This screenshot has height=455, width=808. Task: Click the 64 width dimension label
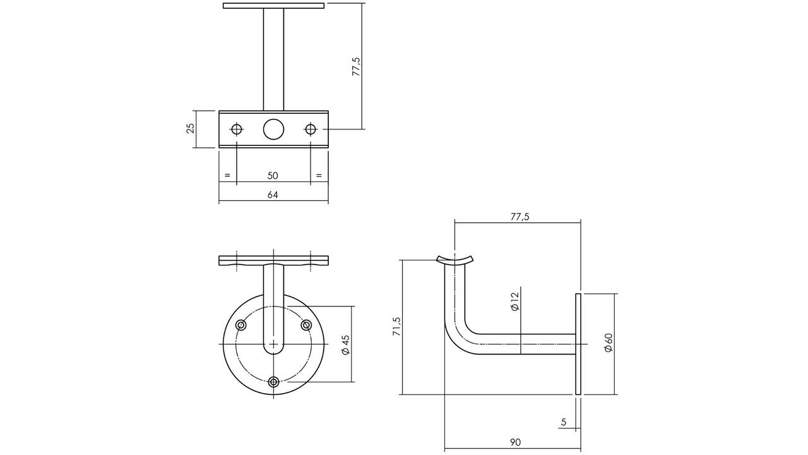(273, 195)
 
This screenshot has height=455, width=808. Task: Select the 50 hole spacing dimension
(273, 176)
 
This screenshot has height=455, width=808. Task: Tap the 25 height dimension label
(191, 128)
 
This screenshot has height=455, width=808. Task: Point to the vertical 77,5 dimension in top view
(357, 66)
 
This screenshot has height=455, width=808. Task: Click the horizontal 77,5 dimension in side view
(520, 217)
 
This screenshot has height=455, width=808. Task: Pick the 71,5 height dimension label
(397, 327)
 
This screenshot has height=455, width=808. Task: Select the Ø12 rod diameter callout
(514, 301)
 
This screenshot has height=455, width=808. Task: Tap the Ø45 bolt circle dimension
(345, 345)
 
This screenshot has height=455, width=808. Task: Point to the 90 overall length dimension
(516, 442)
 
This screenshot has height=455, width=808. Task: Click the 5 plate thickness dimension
(564, 422)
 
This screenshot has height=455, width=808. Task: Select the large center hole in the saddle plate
(273, 129)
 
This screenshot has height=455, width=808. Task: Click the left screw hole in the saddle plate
(236, 129)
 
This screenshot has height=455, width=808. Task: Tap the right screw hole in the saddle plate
(310, 129)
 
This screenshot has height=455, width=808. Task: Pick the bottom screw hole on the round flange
(274, 382)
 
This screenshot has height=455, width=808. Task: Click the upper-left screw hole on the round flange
(241, 325)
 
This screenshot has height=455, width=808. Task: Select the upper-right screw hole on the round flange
(306, 325)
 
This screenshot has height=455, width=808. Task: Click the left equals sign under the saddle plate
(227, 176)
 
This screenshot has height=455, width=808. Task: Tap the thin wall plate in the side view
(578, 344)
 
